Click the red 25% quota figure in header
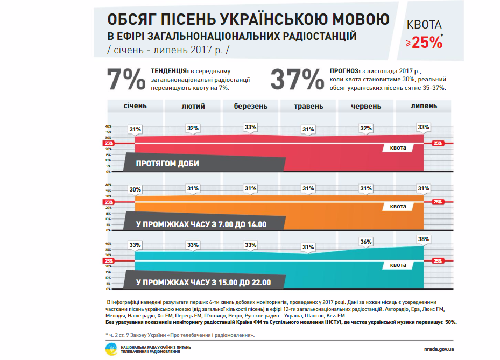pyautogui.click(x=427, y=43)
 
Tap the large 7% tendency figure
pyautogui.click(x=126, y=80)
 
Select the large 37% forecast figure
pyautogui.click(x=295, y=80)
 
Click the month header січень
pyautogui.click(x=135, y=106)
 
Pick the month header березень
pyautogui.click(x=250, y=106)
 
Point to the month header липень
pyautogui.click(x=424, y=106)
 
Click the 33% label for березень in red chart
pyautogui.click(x=250, y=128)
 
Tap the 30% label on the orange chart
pyautogui.click(x=135, y=189)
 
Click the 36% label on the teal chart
pyautogui.click(x=366, y=242)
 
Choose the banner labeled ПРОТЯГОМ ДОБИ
pyautogui.click(x=167, y=164)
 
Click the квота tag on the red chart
pyautogui.click(x=398, y=147)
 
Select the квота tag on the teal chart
pyautogui.click(x=398, y=265)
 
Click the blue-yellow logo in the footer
pyautogui.click(x=111, y=349)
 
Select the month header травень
pyautogui.click(x=308, y=106)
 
